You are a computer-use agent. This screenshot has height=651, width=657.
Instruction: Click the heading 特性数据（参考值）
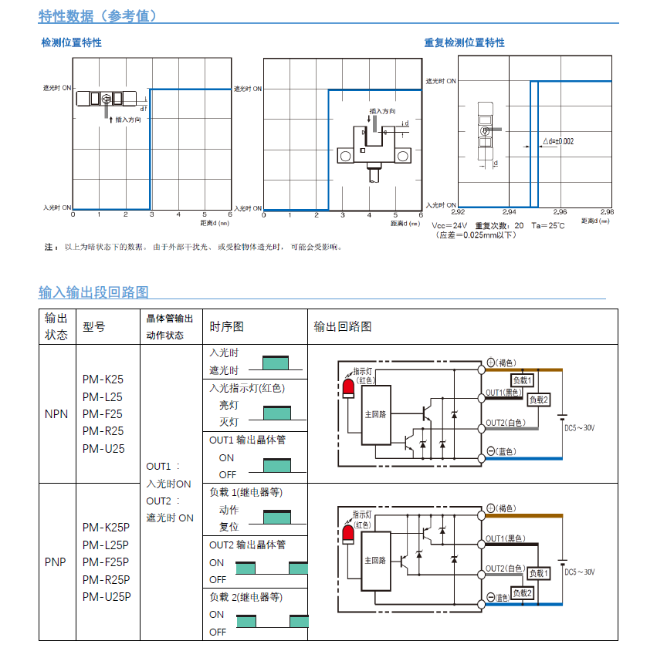click(98, 15)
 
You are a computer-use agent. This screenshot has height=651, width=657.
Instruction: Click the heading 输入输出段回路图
click(93, 292)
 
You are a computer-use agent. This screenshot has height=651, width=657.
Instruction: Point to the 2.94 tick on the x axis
click(509, 211)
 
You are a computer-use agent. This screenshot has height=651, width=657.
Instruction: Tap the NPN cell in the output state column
click(56, 413)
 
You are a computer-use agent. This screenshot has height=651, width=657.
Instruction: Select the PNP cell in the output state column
click(56, 562)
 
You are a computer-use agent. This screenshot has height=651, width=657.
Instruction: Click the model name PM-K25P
click(106, 528)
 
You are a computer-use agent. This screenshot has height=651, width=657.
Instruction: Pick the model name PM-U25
click(103, 448)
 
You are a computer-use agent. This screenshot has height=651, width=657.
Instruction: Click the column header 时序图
click(227, 326)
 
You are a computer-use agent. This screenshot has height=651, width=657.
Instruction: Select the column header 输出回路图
click(343, 326)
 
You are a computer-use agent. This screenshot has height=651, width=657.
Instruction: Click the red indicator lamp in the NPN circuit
click(348, 386)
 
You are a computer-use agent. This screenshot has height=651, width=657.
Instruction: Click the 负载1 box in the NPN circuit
click(523, 380)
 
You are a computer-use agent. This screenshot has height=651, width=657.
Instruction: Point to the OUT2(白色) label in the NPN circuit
click(506, 423)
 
